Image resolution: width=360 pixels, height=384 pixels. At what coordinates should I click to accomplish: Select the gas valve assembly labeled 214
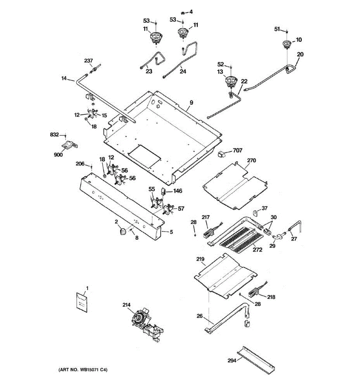(x=146, y=324)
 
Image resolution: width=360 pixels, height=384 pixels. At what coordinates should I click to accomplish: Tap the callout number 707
(x=237, y=150)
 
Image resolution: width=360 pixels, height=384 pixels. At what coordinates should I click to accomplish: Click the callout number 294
(x=232, y=361)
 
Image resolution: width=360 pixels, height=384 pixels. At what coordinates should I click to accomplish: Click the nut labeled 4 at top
(x=181, y=12)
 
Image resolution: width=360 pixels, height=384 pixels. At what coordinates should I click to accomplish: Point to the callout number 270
(x=252, y=160)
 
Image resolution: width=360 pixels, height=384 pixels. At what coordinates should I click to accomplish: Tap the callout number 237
(x=88, y=61)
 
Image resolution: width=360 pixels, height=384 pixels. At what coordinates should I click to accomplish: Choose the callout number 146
(x=178, y=191)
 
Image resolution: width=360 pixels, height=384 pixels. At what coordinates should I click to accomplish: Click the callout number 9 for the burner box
(x=191, y=103)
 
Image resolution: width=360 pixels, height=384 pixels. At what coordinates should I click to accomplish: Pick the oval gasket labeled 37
(x=256, y=212)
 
